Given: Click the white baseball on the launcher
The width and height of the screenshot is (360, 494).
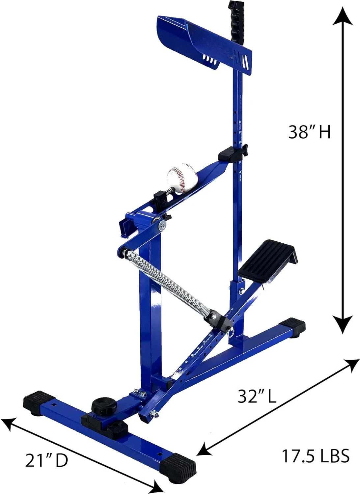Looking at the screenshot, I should tap(182, 178).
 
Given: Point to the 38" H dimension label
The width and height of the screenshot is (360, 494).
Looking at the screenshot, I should tap(309, 132).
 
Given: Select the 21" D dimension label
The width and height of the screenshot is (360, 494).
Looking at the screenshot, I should tap(46, 460).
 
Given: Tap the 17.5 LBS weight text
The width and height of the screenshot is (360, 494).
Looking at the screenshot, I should tap(315, 456).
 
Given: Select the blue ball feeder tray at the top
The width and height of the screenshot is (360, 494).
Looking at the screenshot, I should tap(201, 43).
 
